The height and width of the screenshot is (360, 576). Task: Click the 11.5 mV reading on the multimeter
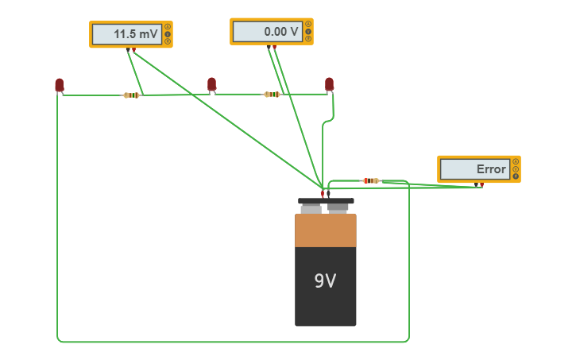136,34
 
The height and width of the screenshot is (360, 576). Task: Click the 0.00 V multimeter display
281,32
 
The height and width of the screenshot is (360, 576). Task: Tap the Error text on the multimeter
490,169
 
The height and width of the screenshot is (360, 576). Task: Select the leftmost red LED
59,84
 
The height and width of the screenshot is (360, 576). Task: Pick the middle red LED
211,84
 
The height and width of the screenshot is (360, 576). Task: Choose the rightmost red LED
329,84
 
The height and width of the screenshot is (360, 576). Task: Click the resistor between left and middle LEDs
132,95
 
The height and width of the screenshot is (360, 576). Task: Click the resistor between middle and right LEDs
272,95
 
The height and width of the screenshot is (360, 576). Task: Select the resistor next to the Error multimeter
371,181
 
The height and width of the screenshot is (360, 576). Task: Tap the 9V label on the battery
325,281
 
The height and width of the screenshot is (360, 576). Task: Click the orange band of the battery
325,230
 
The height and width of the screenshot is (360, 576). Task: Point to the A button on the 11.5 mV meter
167,27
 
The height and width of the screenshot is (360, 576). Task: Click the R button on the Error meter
515,176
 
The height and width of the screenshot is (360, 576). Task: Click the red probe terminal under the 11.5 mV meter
134,50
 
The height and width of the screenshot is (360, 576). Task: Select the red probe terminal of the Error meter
482,184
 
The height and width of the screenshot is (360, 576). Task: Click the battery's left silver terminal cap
311,208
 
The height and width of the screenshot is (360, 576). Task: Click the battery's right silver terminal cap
338,208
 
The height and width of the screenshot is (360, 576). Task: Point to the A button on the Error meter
515,161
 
